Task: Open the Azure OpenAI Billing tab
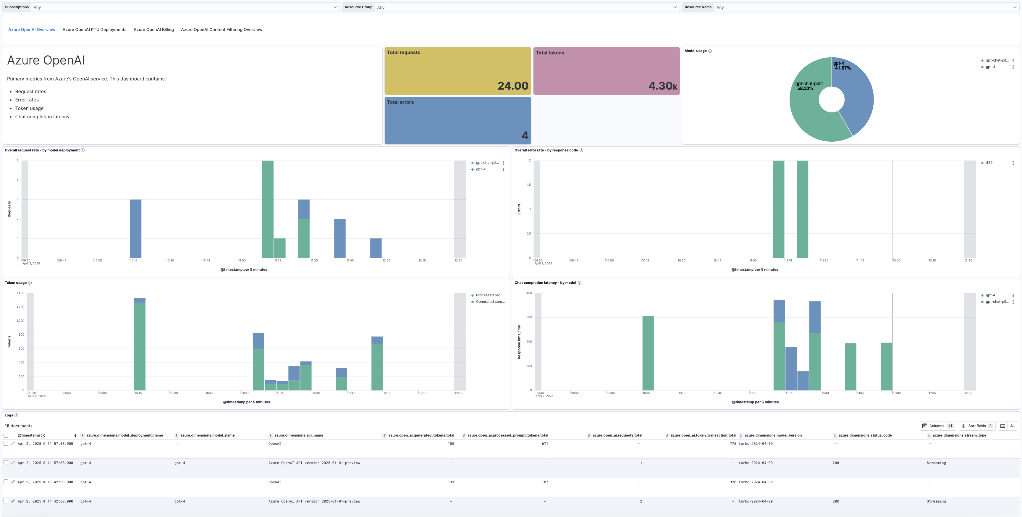coord(153,30)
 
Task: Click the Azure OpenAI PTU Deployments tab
coord(94,30)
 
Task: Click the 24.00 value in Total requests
coord(512,86)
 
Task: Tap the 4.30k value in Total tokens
coord(662,86)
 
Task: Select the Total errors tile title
coord(400,102)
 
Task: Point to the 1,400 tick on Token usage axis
coord(20,293)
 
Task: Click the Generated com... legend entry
coord(490,302)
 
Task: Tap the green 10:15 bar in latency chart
coord(648,353)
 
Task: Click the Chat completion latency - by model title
coord(545,283)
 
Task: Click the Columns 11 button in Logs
coord(937,426)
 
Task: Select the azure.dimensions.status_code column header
coord(865,435)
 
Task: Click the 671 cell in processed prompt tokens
coord(545,444)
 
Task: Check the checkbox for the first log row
coord(6,444)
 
